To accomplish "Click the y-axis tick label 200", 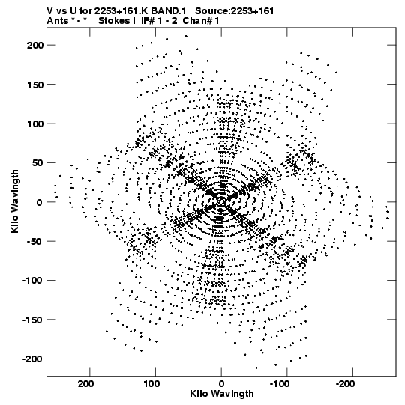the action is (35, 45).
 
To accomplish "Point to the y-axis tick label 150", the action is (35, 85).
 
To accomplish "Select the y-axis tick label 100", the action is (35, 124).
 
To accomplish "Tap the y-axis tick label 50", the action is (38, 163).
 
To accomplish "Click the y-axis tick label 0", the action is (39, 202).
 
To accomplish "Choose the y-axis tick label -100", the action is (32, 281).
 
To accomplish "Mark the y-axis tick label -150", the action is (32, 320).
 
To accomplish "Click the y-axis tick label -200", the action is (32, 359).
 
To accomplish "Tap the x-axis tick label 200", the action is (86, 384).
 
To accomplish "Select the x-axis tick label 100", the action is (151, 384).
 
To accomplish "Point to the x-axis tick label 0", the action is (221, 384).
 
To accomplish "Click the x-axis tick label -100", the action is (280, 384).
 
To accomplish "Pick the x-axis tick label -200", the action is (346, 384).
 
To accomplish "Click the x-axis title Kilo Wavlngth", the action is (222, 394).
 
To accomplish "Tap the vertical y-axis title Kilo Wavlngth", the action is (15, 201).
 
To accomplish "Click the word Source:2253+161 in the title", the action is (235, 11).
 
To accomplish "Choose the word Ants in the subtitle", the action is (57, 21).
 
